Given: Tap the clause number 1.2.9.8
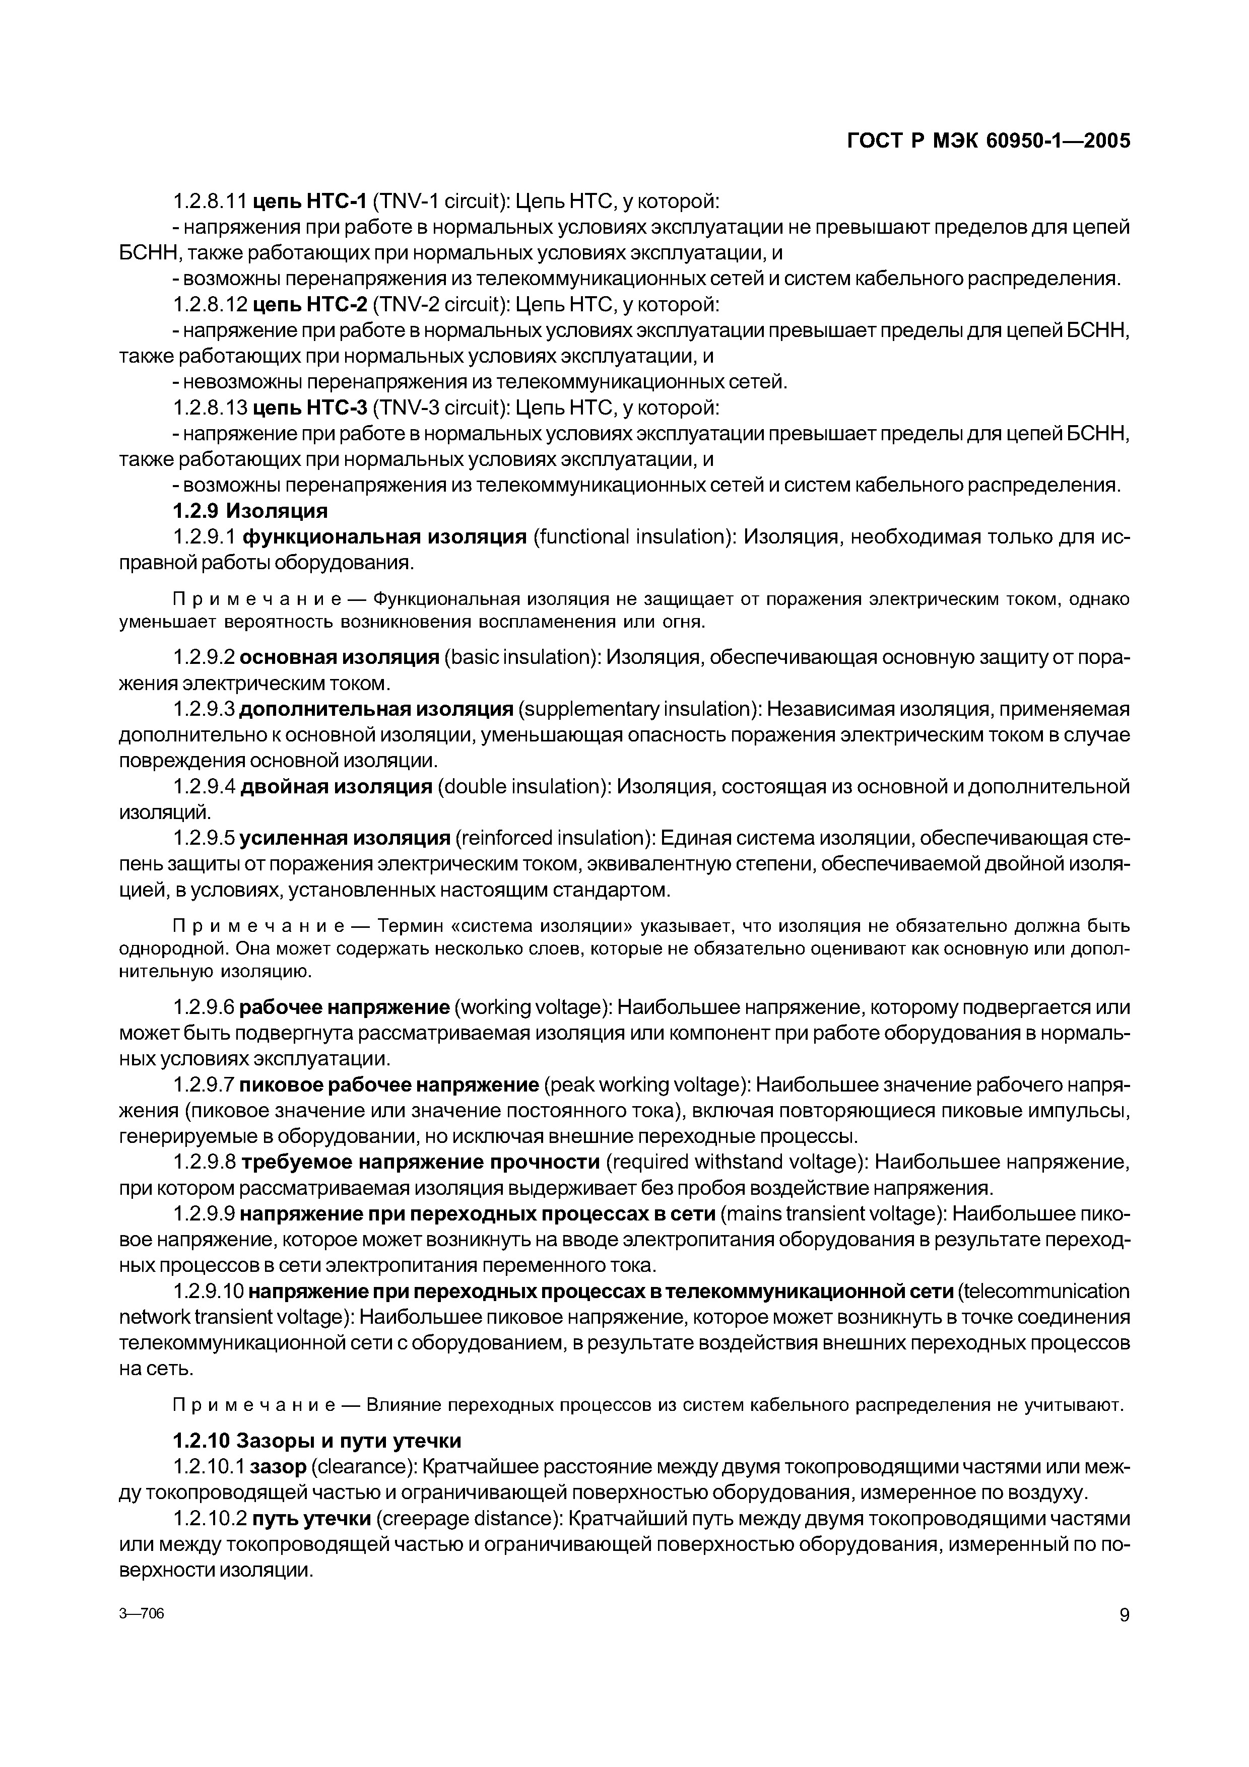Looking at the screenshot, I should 204,1162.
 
